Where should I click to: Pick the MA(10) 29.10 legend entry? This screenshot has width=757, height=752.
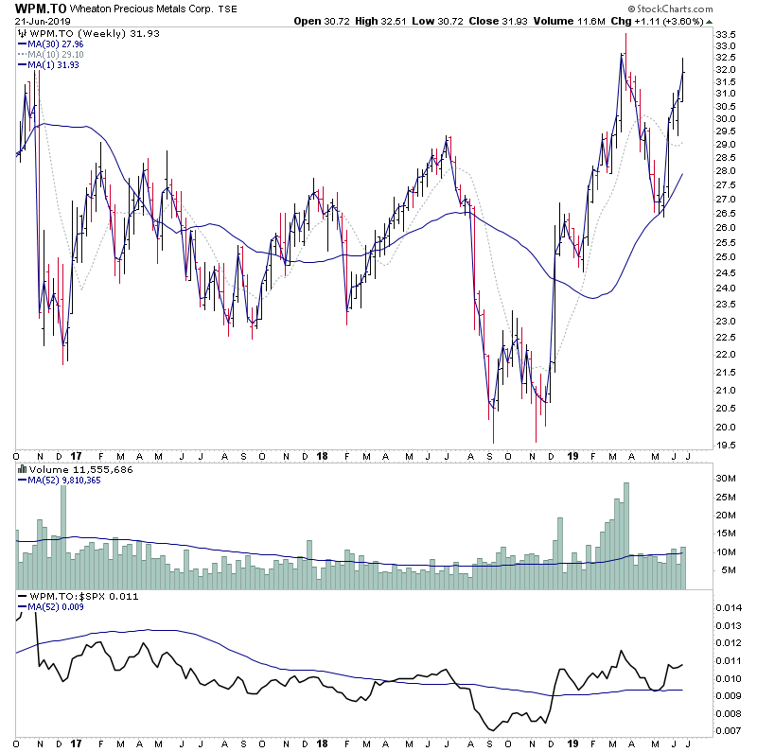(x=60, y=55)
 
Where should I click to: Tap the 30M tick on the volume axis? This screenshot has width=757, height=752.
(x=726, y=479)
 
